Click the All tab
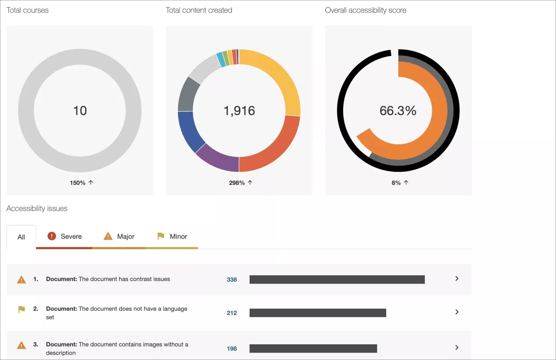tap(21, 237)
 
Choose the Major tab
tap(119, 237)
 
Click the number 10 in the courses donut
tap(80, 111)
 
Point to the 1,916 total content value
tap(239, 111)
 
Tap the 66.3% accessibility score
tap(398, 111)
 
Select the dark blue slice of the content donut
tap(188, 130)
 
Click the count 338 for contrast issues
tap(232, 280)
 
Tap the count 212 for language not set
tap(232, 313)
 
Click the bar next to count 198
tap(313, 348)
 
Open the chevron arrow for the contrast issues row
tap(457, 279)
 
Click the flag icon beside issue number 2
tap(21, 310)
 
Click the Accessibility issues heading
tap(37, 208)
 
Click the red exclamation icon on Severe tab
tap(52, 236)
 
